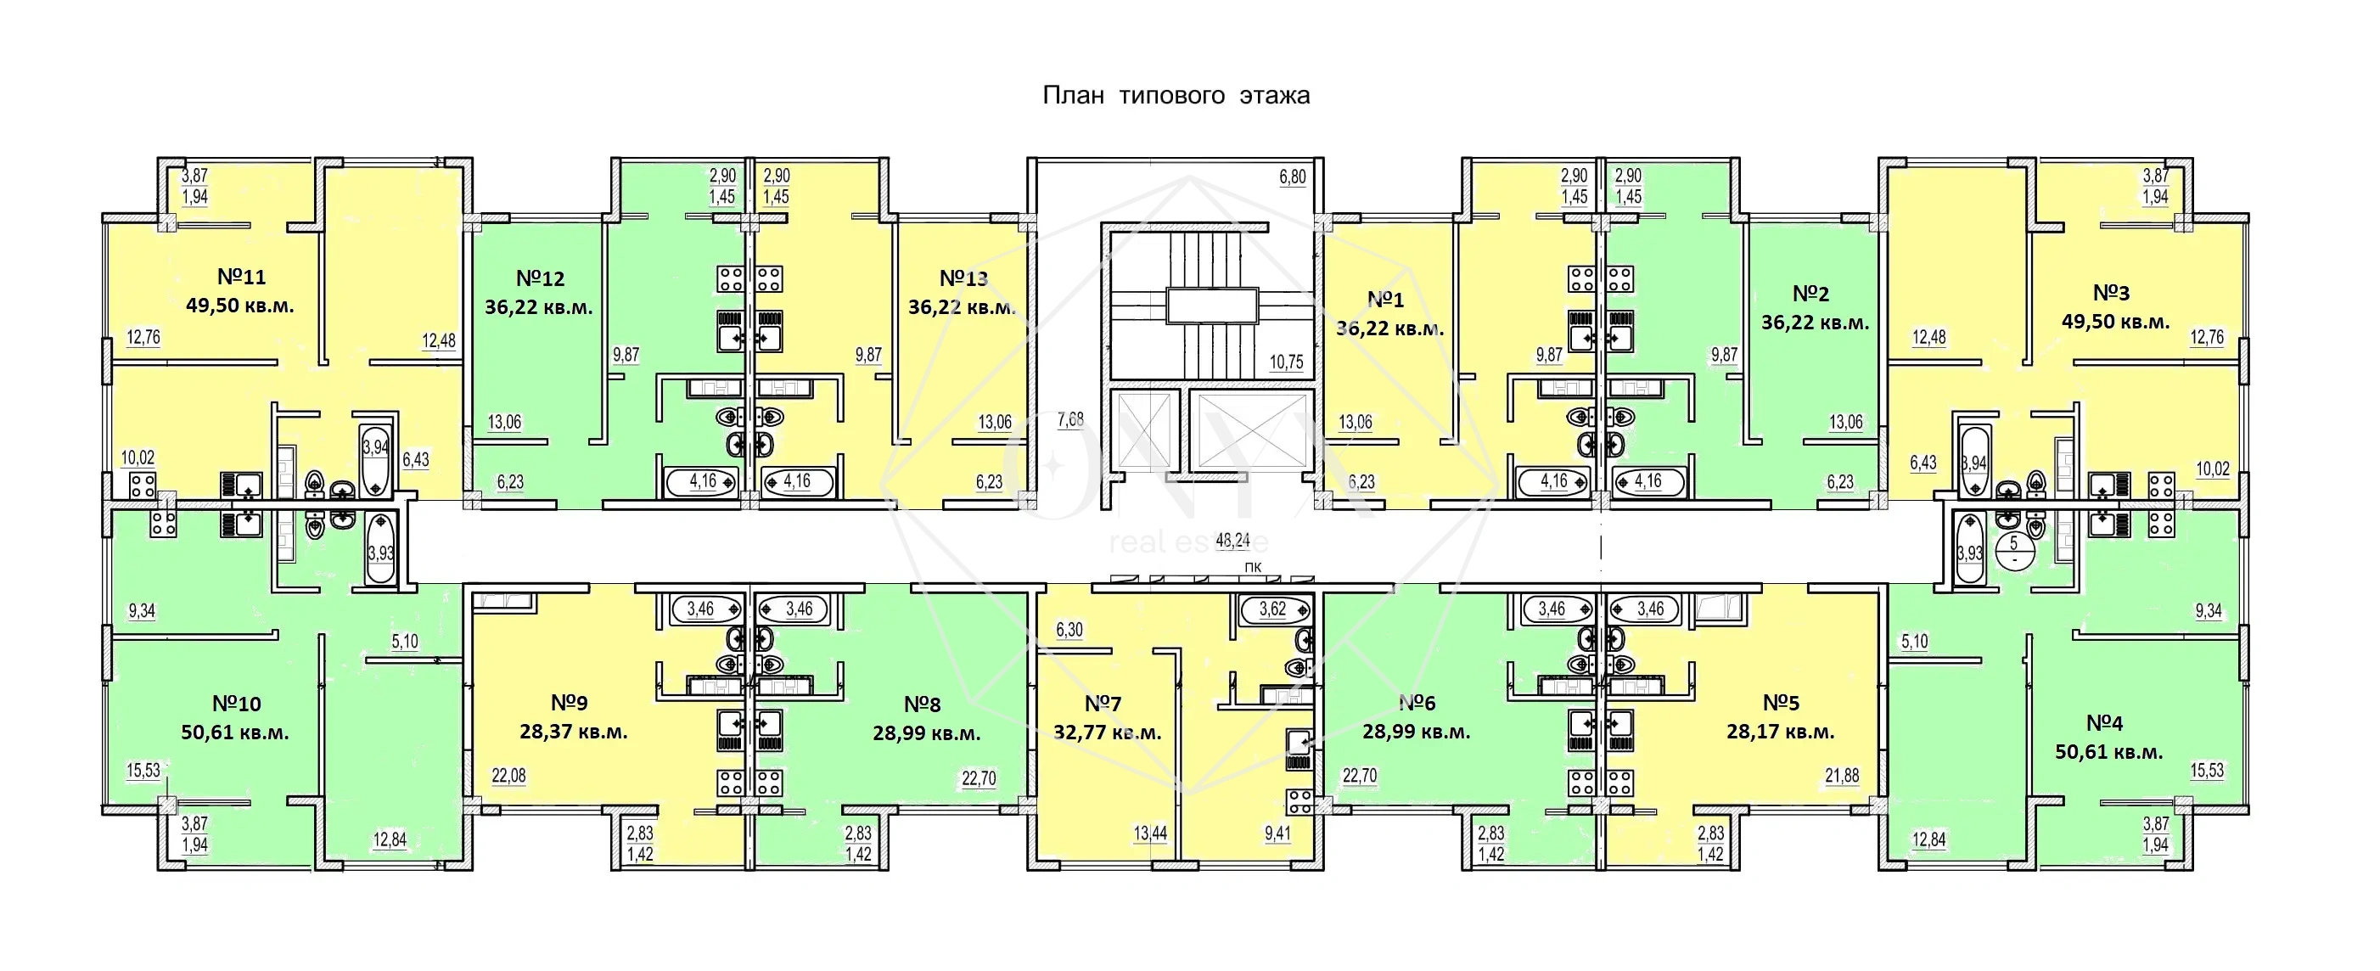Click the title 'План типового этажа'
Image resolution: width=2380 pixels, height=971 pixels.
1176,96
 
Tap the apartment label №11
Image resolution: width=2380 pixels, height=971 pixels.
241,276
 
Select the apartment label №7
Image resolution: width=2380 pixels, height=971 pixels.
1103,704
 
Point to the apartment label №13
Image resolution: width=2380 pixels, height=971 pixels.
963,278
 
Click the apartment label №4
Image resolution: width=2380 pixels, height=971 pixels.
2105,722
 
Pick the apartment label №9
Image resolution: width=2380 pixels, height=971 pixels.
570,703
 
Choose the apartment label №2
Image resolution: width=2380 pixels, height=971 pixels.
1810,294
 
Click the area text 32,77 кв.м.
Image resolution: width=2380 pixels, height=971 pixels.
1107,733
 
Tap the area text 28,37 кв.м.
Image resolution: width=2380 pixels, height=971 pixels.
574,732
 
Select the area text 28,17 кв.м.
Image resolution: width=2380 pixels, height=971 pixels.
1781,732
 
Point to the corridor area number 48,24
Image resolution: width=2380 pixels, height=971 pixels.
1232,541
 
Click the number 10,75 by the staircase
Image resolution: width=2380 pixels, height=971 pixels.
1286,362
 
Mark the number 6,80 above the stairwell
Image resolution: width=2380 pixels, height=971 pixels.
1293,177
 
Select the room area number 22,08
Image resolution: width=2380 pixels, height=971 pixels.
508,776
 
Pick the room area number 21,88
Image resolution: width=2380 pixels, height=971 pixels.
1842,776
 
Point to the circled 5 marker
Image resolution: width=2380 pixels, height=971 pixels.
2014,553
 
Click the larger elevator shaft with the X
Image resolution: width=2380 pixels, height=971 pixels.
1251,430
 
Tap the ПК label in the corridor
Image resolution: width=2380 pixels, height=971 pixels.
1253,566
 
